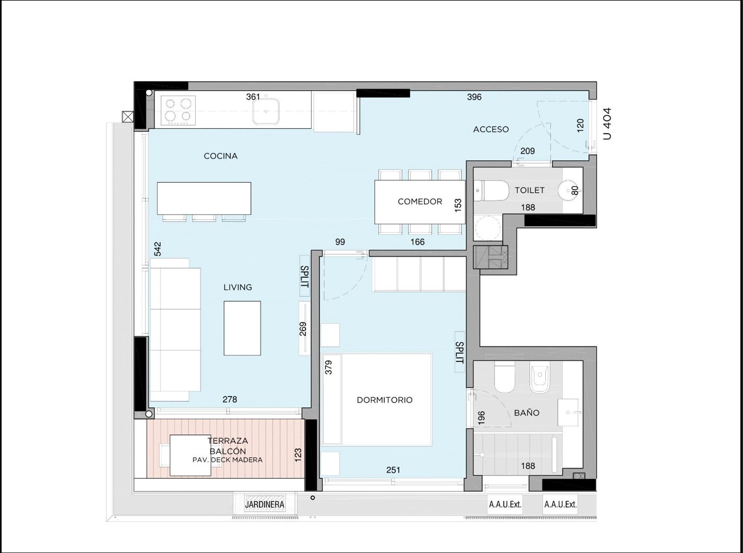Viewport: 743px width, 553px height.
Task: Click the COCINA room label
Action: click(220, 156)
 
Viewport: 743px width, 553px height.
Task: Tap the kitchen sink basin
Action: click(266, 111)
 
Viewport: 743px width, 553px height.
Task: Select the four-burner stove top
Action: click(178, 111)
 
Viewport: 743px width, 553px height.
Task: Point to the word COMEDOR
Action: click(420, 202)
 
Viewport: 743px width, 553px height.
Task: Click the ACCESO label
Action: click(491, 129)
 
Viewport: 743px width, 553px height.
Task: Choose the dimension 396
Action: click(474, 97)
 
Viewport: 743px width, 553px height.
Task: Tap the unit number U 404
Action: click(607, 123)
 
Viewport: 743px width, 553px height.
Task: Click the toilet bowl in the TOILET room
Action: click(492, 191)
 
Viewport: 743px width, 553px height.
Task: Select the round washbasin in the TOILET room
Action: click(569, 191)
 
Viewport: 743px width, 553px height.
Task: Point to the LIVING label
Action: click(238, 288)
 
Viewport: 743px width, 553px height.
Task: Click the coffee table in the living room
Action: click(242, 328)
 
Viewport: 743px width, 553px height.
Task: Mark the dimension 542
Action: click(157, 249)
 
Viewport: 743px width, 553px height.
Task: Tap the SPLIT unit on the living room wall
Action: click(305, 275)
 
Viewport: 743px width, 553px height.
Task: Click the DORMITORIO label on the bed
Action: click(385, 400)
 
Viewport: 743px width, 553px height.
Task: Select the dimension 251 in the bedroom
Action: click(393, 470)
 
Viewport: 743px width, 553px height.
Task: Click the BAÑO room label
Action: click(527, 413)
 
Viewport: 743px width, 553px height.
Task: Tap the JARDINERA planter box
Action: click(264, 504)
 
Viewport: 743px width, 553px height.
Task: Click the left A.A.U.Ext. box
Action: click(505, 504)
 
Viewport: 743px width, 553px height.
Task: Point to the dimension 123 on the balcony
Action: click(298, 455)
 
